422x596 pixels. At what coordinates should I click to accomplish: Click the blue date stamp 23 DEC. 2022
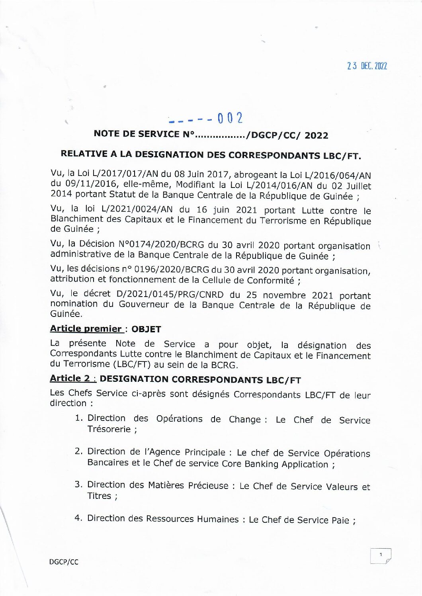367,66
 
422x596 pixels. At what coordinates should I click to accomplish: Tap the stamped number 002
230,118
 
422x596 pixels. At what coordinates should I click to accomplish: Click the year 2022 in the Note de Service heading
316,135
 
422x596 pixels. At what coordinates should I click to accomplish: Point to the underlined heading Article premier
86,328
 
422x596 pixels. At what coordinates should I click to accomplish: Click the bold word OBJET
146,329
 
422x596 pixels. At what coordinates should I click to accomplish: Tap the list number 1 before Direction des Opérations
79,418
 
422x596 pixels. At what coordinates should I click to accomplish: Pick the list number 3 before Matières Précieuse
78,485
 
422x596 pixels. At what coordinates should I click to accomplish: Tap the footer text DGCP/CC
64,562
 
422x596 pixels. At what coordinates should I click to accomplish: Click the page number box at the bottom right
381,556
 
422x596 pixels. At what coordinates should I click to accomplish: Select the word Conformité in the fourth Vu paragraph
270,280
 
